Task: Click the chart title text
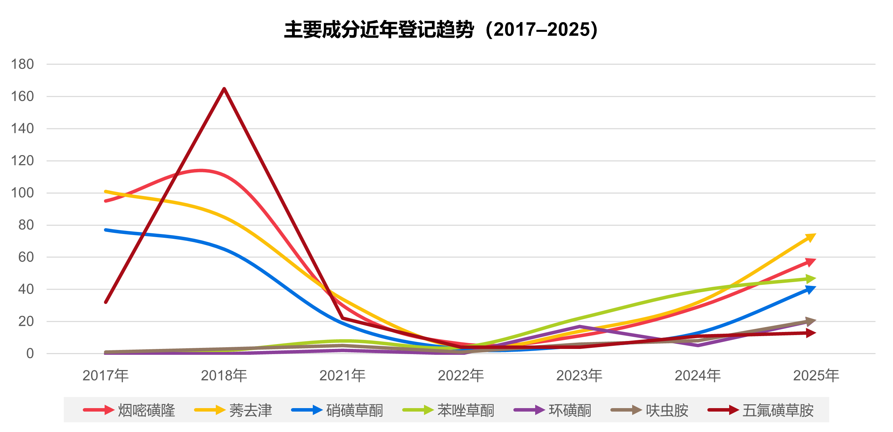click(x=441, y=30)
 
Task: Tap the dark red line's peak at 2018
click(x=224, y=89)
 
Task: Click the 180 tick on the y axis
click(x=23, y=64)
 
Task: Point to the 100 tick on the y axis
click(x=23, y=193)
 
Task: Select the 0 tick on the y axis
click(x=30, y=354)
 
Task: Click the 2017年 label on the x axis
click(x=105, y=376)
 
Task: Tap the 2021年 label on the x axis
click(x=342, y=376)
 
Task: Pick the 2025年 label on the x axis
click(x=816, y=376)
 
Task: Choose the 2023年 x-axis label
click(x=579, y=376)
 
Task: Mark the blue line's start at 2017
click(x=106, y=230)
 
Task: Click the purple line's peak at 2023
click(x=579, y=327)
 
